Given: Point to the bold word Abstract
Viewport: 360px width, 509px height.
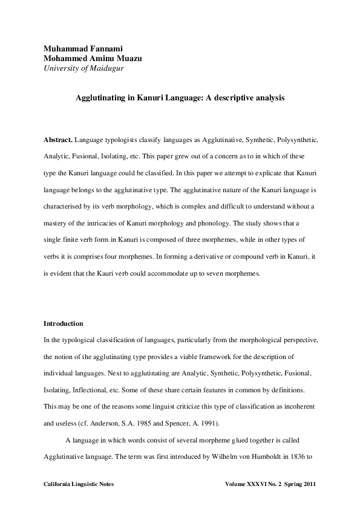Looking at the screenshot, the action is click(59, 140).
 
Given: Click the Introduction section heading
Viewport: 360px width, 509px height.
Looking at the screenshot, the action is click(64, 323).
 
